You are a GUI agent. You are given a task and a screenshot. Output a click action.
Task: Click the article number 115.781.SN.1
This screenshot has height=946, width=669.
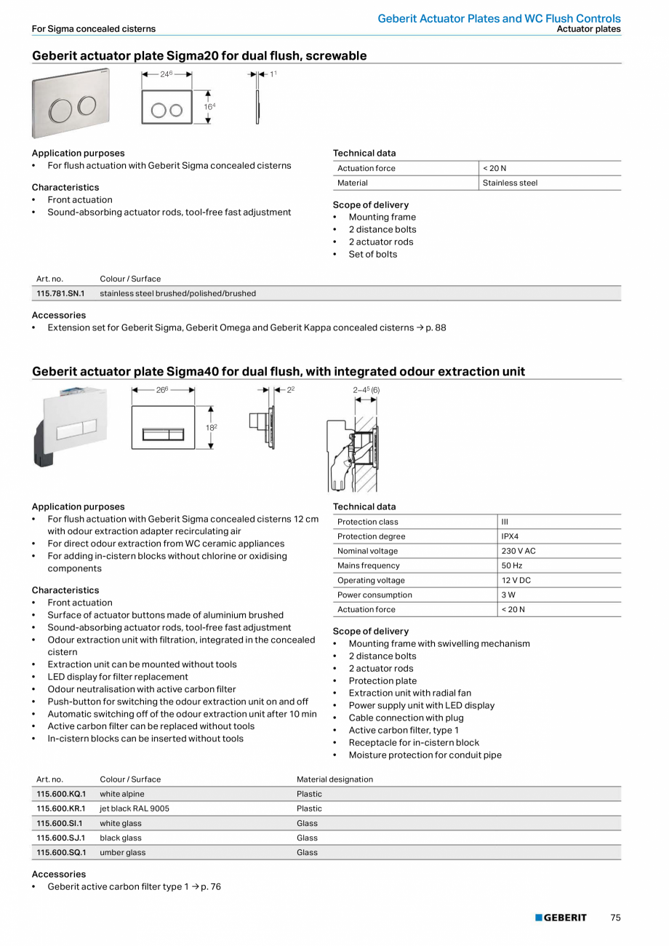tap(60, 293)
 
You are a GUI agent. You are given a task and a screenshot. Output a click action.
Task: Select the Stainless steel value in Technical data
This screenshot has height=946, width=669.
tap(510, 183)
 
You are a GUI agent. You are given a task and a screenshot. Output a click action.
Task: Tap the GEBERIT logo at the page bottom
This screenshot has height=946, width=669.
tap(561, 918)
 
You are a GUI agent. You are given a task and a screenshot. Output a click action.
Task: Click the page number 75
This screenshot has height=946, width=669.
tap(615, 918)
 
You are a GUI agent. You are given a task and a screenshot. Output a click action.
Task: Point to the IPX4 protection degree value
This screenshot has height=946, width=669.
tap(510, 536)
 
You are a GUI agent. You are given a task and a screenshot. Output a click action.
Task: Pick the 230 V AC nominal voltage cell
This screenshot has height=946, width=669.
tap(518, 551)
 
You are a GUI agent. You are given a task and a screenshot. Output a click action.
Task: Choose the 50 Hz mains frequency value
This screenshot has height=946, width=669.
tap(511, 565)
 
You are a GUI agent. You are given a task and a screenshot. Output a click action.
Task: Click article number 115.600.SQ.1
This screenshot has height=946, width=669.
tap(61, 852)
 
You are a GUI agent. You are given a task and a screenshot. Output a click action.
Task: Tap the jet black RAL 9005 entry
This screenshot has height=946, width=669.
tap(135, 808)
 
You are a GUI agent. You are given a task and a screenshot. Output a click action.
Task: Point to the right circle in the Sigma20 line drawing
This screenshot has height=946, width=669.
tap(176, 110)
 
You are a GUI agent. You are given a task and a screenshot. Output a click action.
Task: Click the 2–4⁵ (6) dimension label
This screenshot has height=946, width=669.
tap(366, 390)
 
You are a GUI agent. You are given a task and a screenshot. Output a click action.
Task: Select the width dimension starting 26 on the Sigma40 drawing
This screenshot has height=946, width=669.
tap(162, 390)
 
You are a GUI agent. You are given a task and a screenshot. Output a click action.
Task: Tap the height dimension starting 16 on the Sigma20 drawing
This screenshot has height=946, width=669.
tap(209, 106)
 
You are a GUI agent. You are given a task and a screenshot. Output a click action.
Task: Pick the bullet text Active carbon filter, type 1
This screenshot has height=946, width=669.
tap(404, 730)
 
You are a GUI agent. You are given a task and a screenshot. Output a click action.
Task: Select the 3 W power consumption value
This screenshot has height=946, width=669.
tap(507, 595)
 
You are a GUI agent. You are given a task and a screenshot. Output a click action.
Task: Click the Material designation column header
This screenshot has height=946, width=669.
tap(334, 779)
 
